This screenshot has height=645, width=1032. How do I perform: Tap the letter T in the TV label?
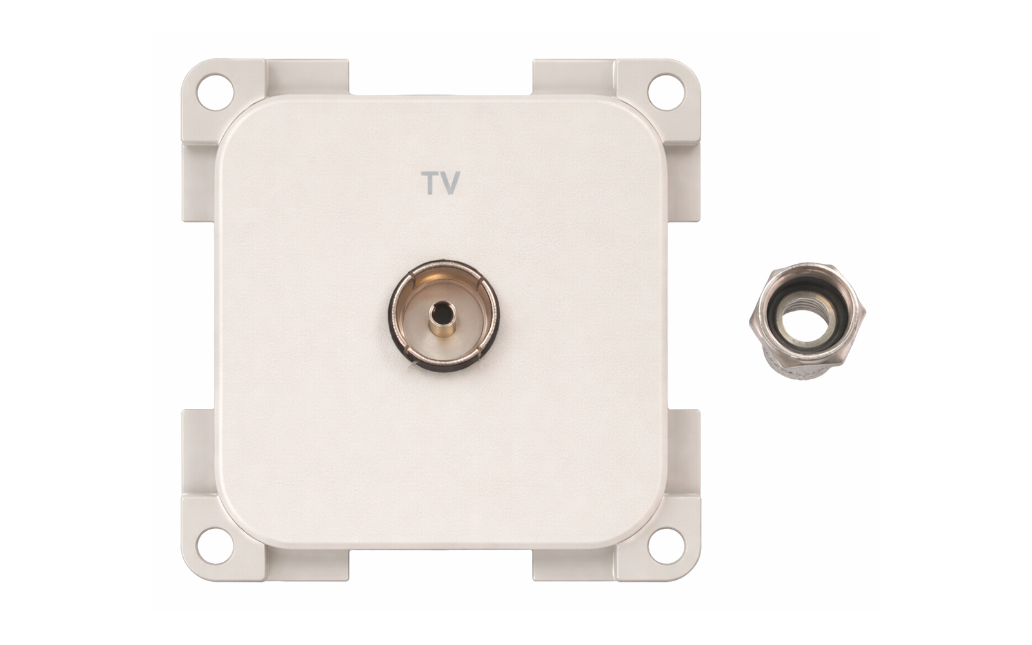(430, 183)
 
